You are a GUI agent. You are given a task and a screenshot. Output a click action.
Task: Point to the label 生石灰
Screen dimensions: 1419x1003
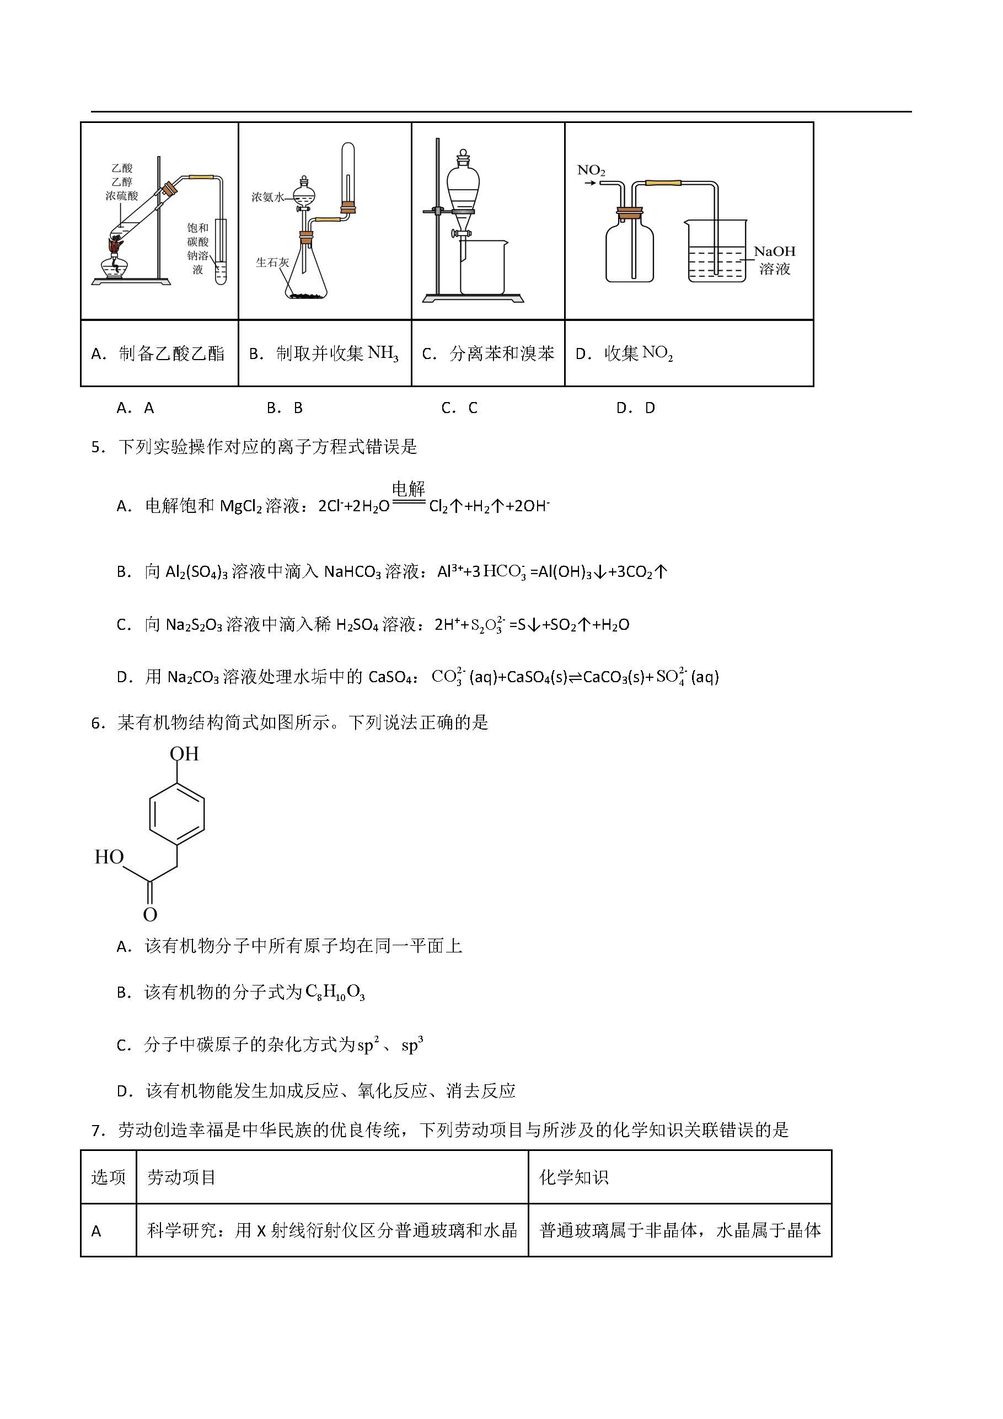coord(272,263)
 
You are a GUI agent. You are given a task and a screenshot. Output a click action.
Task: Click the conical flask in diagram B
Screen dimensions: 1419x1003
coord(306,272)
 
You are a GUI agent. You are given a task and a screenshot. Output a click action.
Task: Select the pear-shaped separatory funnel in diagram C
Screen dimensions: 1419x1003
coord(462,183)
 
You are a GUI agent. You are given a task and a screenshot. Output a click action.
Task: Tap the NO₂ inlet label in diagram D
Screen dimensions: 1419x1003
coord(591,170)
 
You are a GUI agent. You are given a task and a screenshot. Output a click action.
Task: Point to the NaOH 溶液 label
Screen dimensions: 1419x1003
coord(774,260)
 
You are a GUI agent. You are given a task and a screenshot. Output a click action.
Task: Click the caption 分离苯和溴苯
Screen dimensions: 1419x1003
coord(502,354)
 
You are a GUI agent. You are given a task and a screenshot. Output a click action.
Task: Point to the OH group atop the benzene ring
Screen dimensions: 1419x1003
coord(184,754)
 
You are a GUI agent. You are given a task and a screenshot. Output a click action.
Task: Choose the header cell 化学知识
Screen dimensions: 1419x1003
coord(573,1177)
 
